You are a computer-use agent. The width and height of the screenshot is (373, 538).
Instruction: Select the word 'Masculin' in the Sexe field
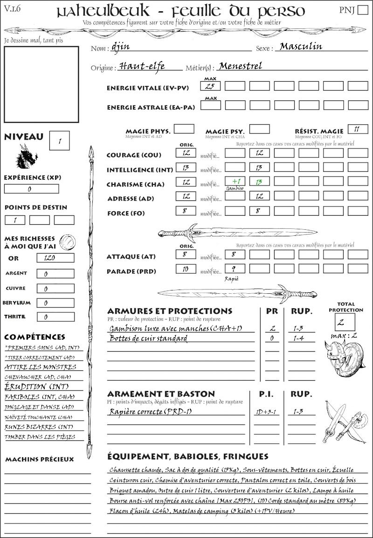click(x=301, y=47)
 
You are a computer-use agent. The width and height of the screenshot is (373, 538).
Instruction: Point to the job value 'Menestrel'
click(x=240, y=66)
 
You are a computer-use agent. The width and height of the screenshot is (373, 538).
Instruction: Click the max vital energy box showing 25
click(x=210, y=86)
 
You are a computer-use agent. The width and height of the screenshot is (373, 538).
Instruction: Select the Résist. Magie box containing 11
click(x=358, y=129)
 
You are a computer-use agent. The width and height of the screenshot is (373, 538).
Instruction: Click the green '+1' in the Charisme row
click(x=235, y=181)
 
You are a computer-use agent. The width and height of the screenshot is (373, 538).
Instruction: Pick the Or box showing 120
click(x=55, y=258)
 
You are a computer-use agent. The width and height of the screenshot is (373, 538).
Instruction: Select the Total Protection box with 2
click(x=345, y=322)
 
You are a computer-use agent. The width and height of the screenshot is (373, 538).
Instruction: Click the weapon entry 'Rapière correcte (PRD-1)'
click(x=151, y=411)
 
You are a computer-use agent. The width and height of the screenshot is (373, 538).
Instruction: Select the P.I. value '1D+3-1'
click(x=266, y=411)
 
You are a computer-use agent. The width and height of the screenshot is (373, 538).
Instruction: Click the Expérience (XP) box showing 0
click(x=32, y=189)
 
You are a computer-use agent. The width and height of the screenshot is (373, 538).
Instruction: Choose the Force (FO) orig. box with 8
click(x=185, y=211)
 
